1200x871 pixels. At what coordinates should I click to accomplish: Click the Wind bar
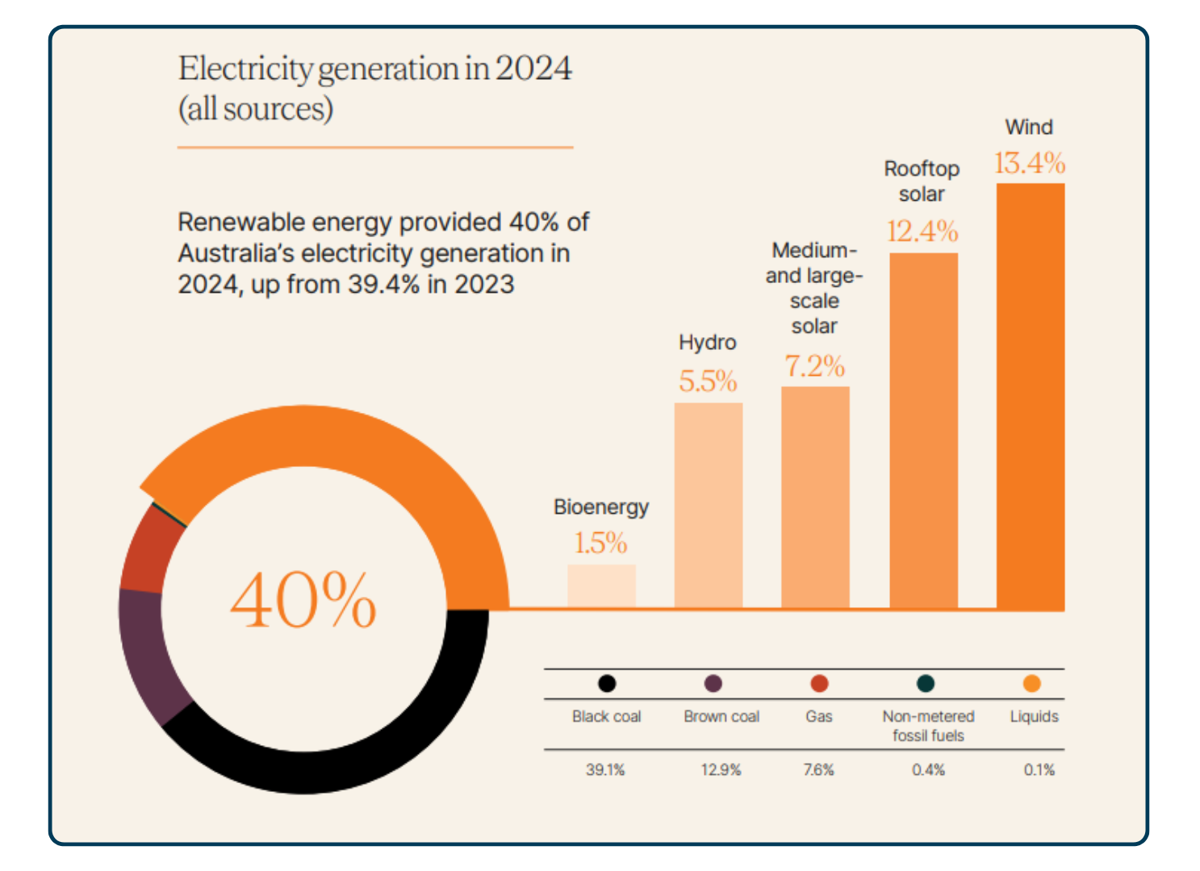point(1030,395)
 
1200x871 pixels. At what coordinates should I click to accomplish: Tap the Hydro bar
point(708,505)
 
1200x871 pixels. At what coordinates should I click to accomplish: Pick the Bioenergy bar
point(601,586)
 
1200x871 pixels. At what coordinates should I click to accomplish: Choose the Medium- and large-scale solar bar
point(815,497)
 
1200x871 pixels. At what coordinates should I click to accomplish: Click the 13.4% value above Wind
point(1029,164)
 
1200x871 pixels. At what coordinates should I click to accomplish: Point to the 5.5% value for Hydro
point(708,381)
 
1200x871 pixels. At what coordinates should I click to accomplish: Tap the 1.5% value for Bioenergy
point(600,543)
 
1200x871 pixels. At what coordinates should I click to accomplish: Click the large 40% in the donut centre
point(303,600)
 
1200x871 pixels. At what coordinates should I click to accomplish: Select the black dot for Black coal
point(607,684)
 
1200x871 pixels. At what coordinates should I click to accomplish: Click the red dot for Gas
point(819,684)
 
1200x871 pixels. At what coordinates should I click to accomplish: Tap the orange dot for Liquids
point(1031,684)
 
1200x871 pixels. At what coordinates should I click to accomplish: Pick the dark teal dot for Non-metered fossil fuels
point(926,684)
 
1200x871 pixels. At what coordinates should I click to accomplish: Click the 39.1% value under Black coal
point(605,770)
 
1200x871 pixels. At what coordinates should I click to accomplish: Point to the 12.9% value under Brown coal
point(721,770)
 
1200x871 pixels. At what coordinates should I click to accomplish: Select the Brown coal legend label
point(721,716)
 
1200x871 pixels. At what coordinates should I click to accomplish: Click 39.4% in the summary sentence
point(383,285)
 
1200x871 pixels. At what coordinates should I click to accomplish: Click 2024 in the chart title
point(533,69)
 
